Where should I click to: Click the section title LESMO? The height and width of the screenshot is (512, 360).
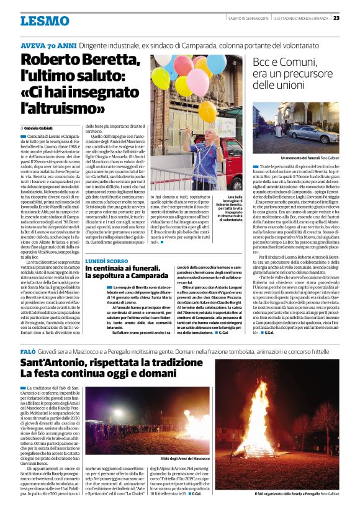(45, 22)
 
